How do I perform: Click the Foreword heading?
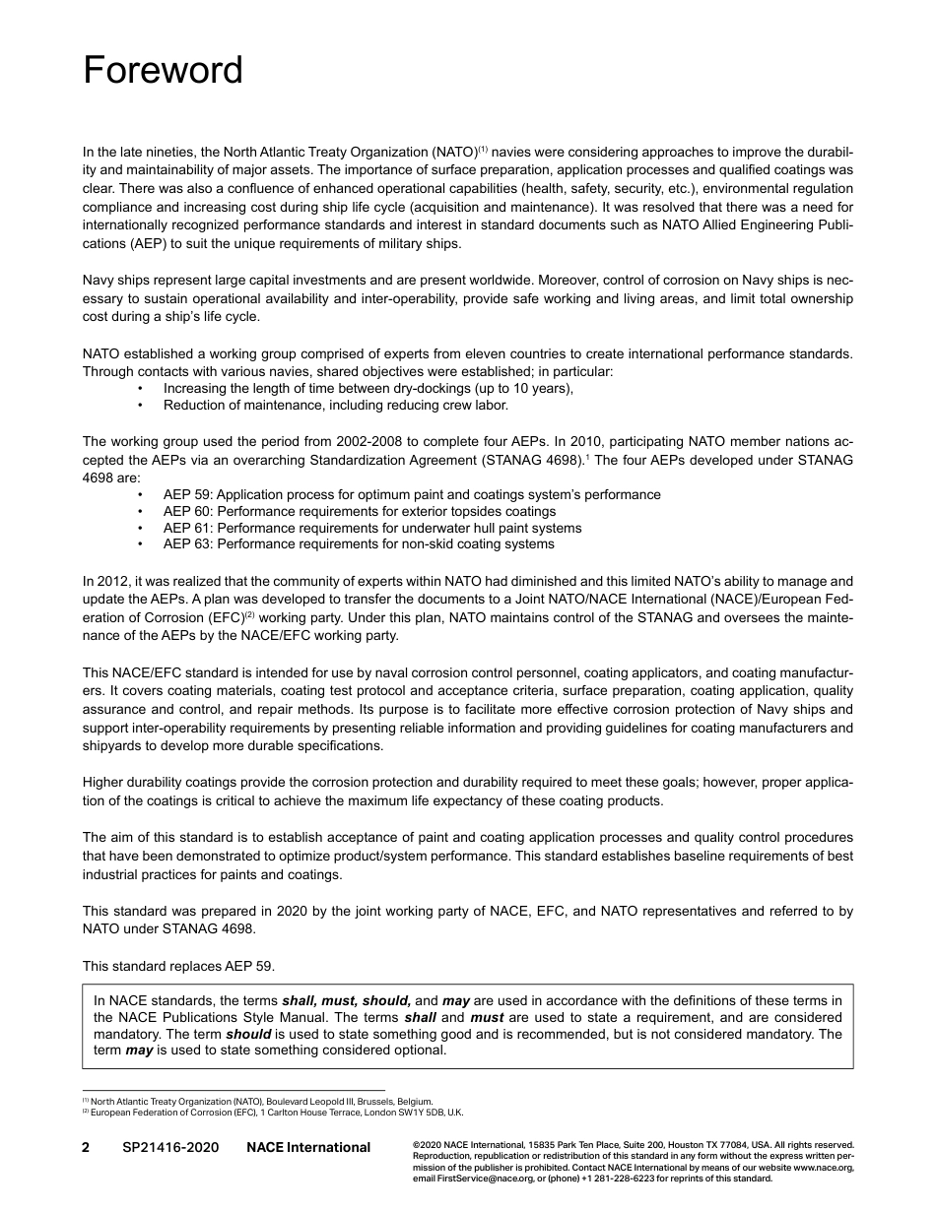click(x=163, y=71)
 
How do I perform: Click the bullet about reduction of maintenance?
click(x=336, y=405)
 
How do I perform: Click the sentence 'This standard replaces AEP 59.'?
click(x=185, y=966)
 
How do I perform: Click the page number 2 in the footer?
click(x=86, y=1147)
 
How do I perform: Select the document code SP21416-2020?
click(x=170, y=1147)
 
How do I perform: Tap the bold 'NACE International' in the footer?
click(x=308, y=1147)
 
